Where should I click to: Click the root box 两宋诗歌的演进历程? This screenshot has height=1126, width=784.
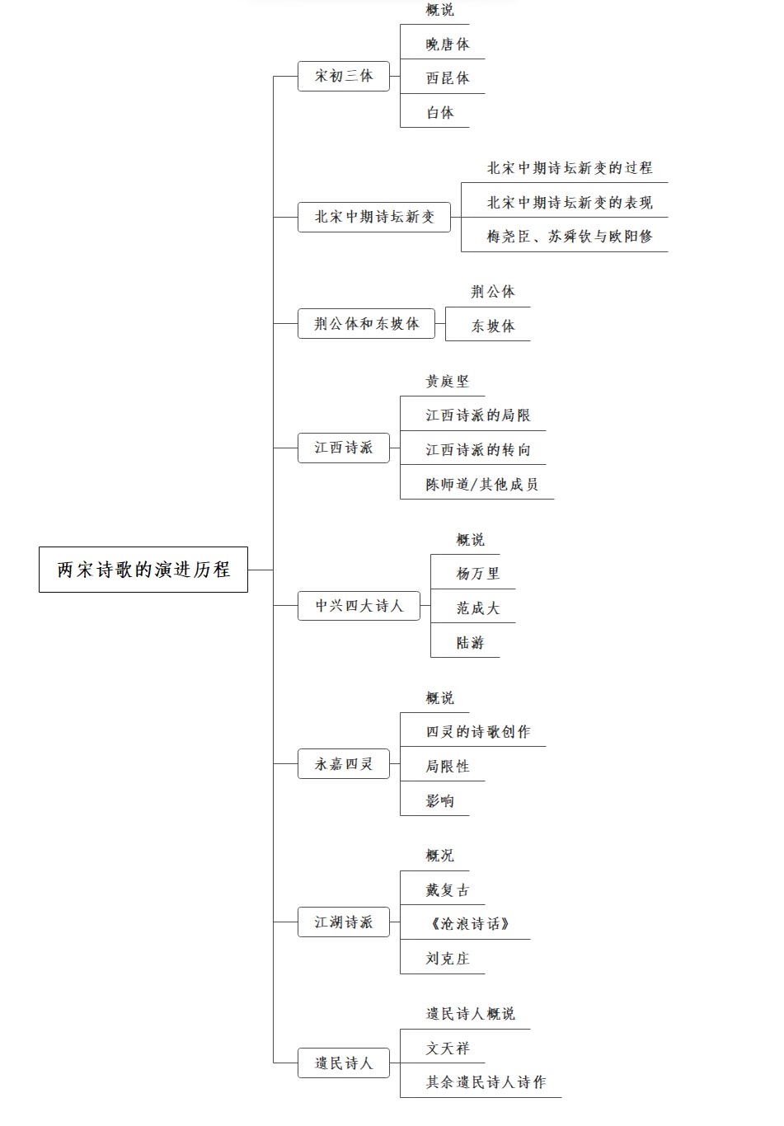[143, 570]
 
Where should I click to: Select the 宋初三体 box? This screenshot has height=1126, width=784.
[344, 76]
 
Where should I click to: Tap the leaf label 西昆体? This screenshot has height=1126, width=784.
[448, 78]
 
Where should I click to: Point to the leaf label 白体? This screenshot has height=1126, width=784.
[440, 113]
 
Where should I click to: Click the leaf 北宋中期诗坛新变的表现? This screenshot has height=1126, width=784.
[570, 203]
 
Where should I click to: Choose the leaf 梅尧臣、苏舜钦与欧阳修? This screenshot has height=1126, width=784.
[570, 237]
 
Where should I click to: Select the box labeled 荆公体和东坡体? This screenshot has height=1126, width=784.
[367, 324]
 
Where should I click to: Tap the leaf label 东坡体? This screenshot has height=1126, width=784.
[493, 326]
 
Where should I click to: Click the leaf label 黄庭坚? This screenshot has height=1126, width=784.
[448, 382]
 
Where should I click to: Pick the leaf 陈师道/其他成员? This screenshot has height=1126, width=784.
[482, 485]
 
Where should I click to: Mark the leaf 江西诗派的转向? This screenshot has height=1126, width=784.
[478, 450]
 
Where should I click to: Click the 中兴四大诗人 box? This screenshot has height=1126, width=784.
[359, 606]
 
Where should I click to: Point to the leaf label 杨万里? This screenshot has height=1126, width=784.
[478, 574]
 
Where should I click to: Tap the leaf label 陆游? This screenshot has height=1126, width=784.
[471, 643]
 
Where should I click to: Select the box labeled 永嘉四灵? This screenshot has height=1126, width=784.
[344, 764]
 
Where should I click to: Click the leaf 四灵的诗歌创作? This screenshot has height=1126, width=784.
[478, 732]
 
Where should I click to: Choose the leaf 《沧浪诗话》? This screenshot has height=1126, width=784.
[471, 924]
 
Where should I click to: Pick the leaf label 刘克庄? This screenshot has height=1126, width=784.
[448, 959]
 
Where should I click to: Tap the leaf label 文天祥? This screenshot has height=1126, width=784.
[448, 1049]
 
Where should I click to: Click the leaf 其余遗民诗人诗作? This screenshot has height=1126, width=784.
[486, 1082]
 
